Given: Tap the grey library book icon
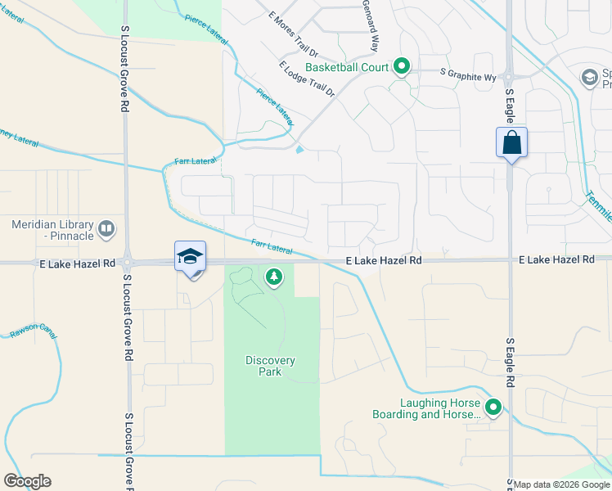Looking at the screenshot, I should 106,230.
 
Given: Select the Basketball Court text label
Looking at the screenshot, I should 346,66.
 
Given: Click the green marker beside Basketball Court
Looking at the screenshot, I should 402,65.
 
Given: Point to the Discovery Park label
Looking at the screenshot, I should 270,366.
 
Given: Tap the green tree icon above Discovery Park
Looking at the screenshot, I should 273,279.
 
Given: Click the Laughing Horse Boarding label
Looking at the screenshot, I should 440,408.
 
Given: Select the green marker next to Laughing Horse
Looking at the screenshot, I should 493,407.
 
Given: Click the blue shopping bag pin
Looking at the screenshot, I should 511,142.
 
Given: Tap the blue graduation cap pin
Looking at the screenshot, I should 190,256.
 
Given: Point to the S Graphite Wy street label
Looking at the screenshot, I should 468,73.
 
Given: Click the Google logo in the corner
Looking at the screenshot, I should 27,481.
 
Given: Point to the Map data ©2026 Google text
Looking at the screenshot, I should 561,484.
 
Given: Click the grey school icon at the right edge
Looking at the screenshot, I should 589,77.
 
